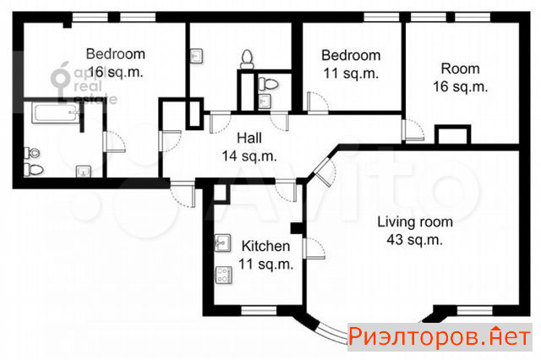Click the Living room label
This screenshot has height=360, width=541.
[415, 221]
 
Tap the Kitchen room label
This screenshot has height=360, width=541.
[265, 246]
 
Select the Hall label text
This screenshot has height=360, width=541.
[249, 139]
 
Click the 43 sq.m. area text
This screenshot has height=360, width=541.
[415, 240]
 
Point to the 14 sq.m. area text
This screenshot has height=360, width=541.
[249, 156]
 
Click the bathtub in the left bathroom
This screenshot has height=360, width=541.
[57, 112]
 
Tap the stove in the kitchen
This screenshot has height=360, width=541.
[223, 275]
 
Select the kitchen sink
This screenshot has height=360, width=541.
[223, 243]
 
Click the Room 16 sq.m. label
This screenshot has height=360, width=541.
[460, 78]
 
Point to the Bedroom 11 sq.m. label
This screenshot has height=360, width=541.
[351, 64]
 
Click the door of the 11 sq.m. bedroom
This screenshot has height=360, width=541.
[318, 103]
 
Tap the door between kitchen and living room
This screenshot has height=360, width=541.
[314, 248]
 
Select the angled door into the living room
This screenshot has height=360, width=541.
[325, 172]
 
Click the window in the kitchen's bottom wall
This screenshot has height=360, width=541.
[259, 311]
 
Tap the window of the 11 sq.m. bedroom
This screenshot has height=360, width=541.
[381, 17]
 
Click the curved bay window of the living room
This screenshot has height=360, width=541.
[332, 332]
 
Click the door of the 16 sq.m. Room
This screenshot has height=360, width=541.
[413, 130]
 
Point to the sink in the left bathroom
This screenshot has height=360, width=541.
[84, 172]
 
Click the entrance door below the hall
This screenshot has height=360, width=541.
[183, 194]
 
